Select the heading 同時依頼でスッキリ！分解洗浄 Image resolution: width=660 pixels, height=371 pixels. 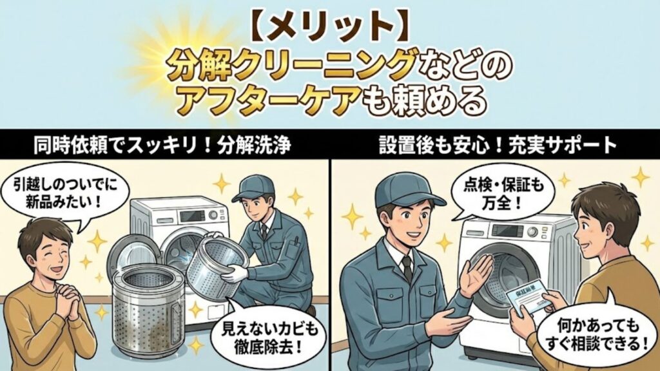(x=164, y=145)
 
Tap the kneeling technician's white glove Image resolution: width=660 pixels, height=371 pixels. (x=234, y=274)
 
